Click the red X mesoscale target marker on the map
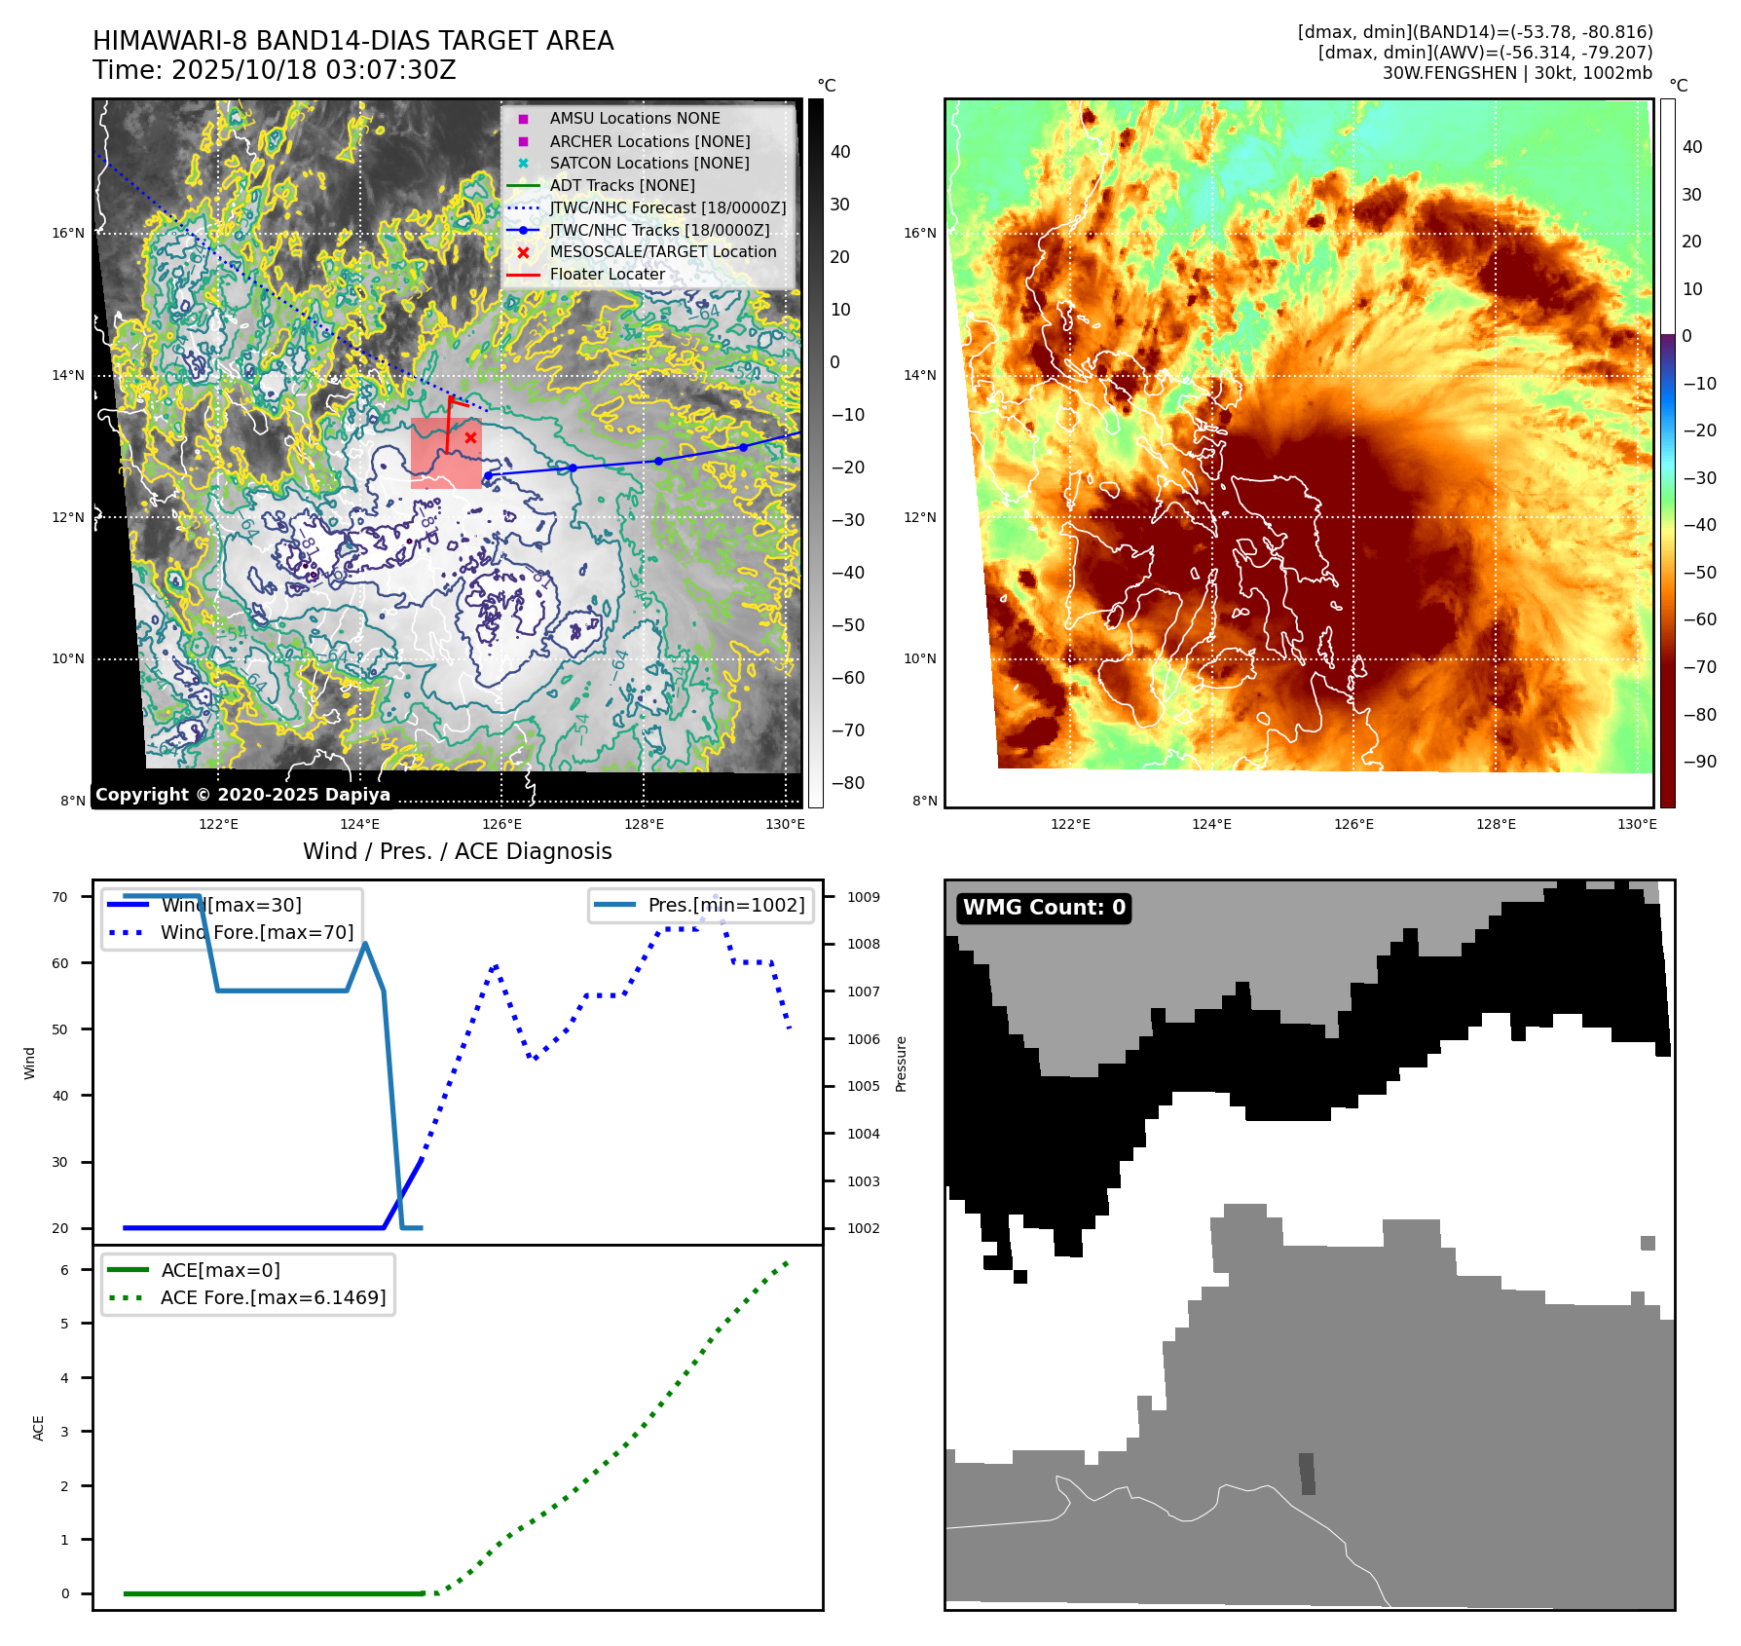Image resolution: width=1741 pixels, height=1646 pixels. pyautogui.click(x=470, y=438)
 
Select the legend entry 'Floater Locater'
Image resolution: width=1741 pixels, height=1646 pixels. pyautogui.click(x=607, y=275)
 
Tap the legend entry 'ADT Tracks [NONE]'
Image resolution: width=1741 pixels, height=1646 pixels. pyautogui.click(x=622, y=185)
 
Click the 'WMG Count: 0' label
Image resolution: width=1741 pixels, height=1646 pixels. pyautogui.click(x=1044, y=908)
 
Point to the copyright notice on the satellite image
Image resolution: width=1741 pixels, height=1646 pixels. pyautogui.click(x=242, y=795)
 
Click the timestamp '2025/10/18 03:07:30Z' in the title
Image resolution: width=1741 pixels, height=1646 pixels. pyautogui.click(x=314, y=70)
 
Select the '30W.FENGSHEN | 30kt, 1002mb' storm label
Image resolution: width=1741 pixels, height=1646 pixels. pyautogui.click(x=1517, y=73)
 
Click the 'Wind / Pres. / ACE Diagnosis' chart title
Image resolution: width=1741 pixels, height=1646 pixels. pyautogui.click(x=458, y=851)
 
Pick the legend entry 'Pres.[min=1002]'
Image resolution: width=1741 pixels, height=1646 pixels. pyautogui.click(x=726, y=905)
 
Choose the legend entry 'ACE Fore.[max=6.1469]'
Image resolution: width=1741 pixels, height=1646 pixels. pyautogui.click(x=273, y=1297)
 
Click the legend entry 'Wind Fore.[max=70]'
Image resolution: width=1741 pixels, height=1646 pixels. pyautogui.click(x=257, y=932)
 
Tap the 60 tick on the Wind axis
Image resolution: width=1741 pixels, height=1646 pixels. pyautogui.click(x=60, y=963)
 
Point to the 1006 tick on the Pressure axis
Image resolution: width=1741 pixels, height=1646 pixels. pyautogui.click(x=863, y=1039)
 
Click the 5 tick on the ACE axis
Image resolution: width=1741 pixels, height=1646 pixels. pyautogui.click(x=65, y=1324)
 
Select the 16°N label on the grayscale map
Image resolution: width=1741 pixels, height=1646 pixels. pyautogui.click(x=68, y=233)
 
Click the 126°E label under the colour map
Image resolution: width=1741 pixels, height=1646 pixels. pyautogui.click(x=1353, y=824)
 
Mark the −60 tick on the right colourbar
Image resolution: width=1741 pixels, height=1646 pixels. pyautogui.click(x=1699, y=619)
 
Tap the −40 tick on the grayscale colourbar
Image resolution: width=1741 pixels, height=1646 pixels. pyautogui.click(x=847, y=573)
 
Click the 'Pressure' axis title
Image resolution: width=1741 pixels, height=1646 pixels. pyautogui.click(x=902, y=1064)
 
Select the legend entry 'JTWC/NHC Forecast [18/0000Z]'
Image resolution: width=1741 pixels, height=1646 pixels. pyautogui.click(x=667, y=207)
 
